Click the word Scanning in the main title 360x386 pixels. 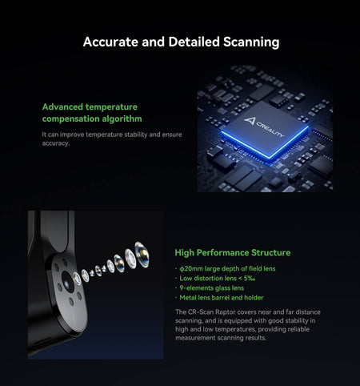click(251, 42)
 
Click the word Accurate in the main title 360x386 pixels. click(110, 42)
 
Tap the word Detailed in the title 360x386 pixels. click(194, 42)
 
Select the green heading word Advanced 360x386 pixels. click(62, 107)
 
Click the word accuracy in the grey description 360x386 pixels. click(56, 143)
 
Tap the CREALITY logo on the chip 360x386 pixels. click(264, 127)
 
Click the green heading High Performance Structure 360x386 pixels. click(233, 252)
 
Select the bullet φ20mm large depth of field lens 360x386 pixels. click(227, 268)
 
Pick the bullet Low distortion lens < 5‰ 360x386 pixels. click(218, 278)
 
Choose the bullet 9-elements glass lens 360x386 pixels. click(212, 288)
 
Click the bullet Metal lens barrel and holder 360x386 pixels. click(222, 298)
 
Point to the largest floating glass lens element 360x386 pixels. click(142, 255)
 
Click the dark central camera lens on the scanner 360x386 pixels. click(68, 281)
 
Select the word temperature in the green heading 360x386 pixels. click(111, 107)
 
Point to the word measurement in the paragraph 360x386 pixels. click(195, 338)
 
